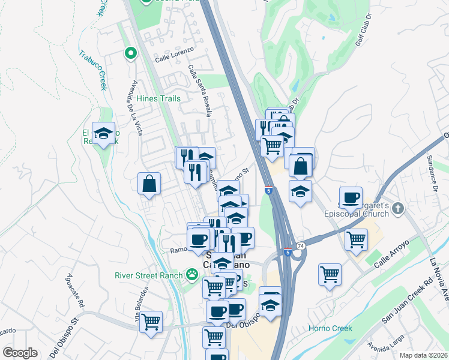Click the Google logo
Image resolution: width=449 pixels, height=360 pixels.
coord(20,353)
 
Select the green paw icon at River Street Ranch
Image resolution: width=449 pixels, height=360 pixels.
coord(192,275)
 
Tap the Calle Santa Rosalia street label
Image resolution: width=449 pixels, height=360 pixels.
coord(200,90)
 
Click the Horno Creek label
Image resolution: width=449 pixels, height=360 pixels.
coord(328,328)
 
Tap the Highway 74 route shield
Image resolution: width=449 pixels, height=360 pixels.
coord(301,246)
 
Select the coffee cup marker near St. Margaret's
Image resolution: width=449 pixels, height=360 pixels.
coord(351,197)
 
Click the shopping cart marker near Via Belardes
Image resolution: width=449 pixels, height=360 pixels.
coord(151,322)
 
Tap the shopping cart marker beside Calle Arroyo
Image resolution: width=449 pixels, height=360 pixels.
coord(357,239)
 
